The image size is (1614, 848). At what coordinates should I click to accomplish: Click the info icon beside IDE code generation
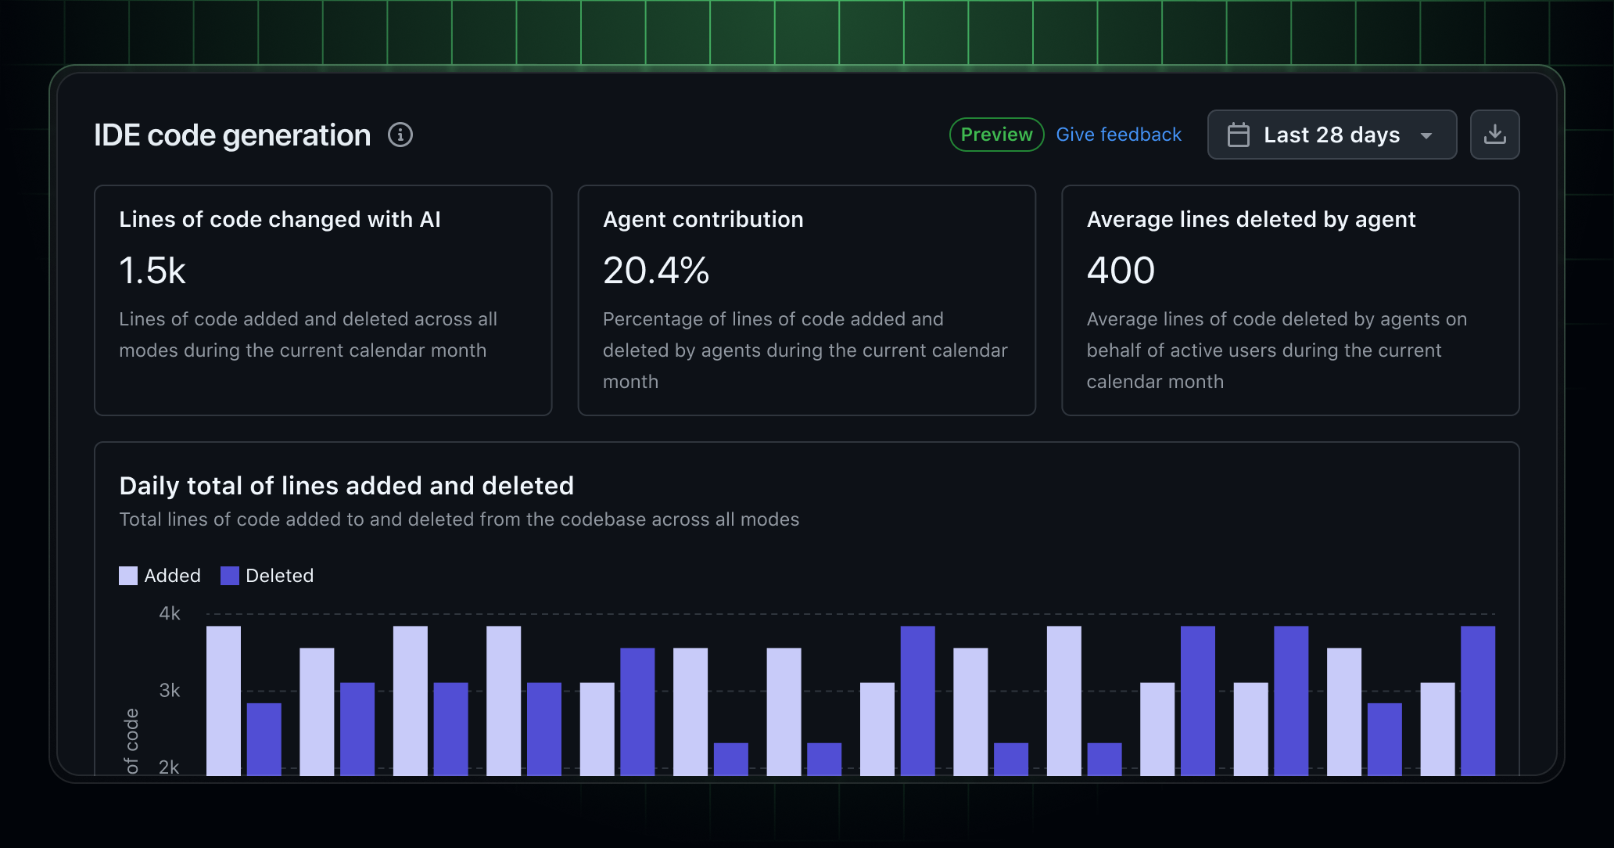point(400,135)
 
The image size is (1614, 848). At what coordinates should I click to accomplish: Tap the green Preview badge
point(996,135)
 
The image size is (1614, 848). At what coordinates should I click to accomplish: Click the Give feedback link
point(1118,135)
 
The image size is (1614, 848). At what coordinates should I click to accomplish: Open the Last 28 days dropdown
point(1332,135)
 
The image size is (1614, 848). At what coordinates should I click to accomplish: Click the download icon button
point(1494,135)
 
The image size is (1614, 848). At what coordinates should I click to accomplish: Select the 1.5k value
point(152,271)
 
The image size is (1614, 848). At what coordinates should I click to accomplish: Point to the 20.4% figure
point(656,271)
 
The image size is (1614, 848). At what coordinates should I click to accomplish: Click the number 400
point(1120,271)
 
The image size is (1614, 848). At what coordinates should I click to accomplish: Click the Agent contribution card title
point(703,219)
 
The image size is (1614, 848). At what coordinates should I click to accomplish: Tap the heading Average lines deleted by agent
point(1250,219)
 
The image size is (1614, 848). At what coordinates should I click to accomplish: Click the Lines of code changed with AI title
point(280,219)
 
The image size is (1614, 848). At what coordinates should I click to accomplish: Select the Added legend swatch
point(128,576)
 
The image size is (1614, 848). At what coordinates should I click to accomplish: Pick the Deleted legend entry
point(267,576)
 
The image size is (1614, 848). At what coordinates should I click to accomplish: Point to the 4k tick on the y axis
point(170,613)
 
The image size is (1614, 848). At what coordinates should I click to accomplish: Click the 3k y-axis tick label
point(170,690)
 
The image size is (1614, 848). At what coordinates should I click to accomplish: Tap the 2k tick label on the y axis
point(170,767)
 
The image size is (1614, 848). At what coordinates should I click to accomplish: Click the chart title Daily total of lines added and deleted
point(346,486)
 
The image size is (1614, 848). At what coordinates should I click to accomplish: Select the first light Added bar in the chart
point(224,700)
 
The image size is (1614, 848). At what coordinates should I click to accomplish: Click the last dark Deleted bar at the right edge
point(1477,700)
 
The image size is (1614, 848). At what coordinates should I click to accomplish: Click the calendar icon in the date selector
point(1239,135)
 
